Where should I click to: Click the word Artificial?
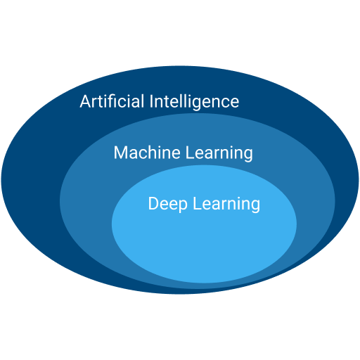[x=112, y=101]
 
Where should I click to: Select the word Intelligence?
[x=194, y=102]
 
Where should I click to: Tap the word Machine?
[x=147, y=153]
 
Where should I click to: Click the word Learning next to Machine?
[x=219, y=153]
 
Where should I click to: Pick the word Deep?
[x=168, y=204]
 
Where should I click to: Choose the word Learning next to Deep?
[x=226, y=205]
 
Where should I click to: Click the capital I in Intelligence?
[x=151, y=101]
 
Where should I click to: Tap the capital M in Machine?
[x=120, y=153]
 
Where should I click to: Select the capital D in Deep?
[x=153, y=203]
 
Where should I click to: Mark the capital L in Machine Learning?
[x=190, y=153]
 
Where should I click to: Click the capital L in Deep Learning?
[x=197, y=203]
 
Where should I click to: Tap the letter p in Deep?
[x=184, y=207]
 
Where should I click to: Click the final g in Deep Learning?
[x=256, y=207]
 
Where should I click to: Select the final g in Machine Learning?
[x=249, y=156]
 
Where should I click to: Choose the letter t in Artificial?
[x=101, y=102]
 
